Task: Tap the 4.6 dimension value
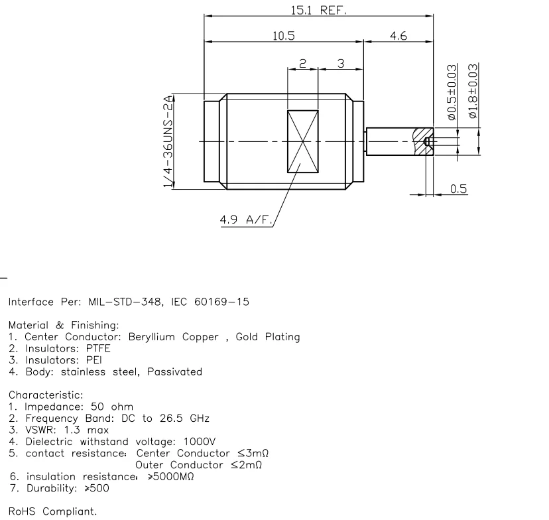(398, 36)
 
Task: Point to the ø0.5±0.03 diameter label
(453, 92)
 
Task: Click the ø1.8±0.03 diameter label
(473, 92)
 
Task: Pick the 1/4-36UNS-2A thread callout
(168, 143)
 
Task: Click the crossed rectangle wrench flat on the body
(302, 142)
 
